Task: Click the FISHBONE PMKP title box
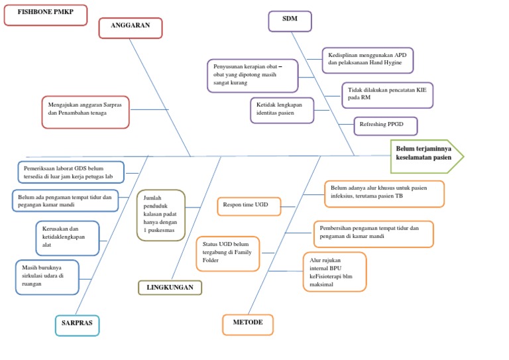pos(45,15)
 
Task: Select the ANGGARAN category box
pos(130,27)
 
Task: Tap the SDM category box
pos(290,21)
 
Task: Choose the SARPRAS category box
pos(77,325)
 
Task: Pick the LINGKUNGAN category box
pos(170,288)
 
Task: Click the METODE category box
pos(248,324)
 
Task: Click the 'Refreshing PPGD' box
pos(385,125)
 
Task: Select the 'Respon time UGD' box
pos(249,206)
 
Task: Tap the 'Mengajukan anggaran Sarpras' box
pos(85,111)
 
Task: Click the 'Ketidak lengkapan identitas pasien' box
pos(282,110)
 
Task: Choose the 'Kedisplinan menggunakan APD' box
pos(367,60)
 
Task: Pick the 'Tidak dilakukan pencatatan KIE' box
pos(387,95)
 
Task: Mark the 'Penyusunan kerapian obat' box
pos(253,76)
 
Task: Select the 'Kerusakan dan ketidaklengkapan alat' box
pos(67,237)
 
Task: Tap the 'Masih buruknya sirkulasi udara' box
pos(46,276)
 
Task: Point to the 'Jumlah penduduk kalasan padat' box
pos(161,215)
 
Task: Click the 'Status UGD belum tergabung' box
pos(227,253)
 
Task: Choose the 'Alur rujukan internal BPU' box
pos(334,272)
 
